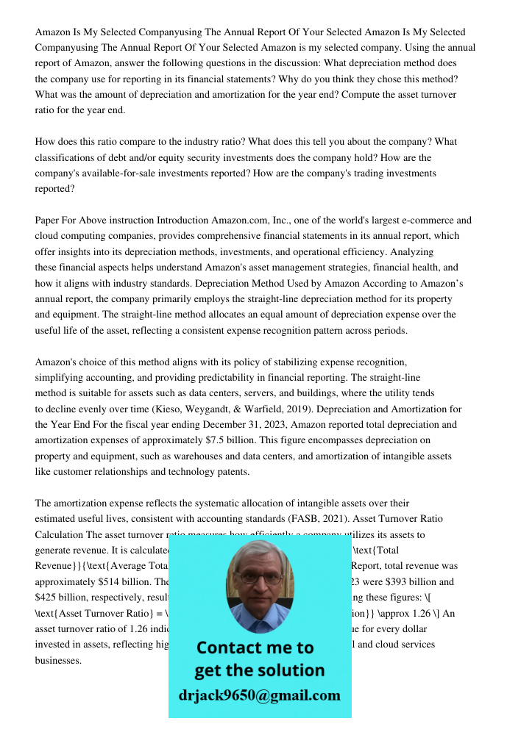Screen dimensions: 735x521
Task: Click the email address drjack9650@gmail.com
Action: coord(260,695)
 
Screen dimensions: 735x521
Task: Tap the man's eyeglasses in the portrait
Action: coord(258,578)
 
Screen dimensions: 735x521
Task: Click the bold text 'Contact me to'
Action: coord(255,648)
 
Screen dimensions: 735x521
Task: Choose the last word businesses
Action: coord(58,660)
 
